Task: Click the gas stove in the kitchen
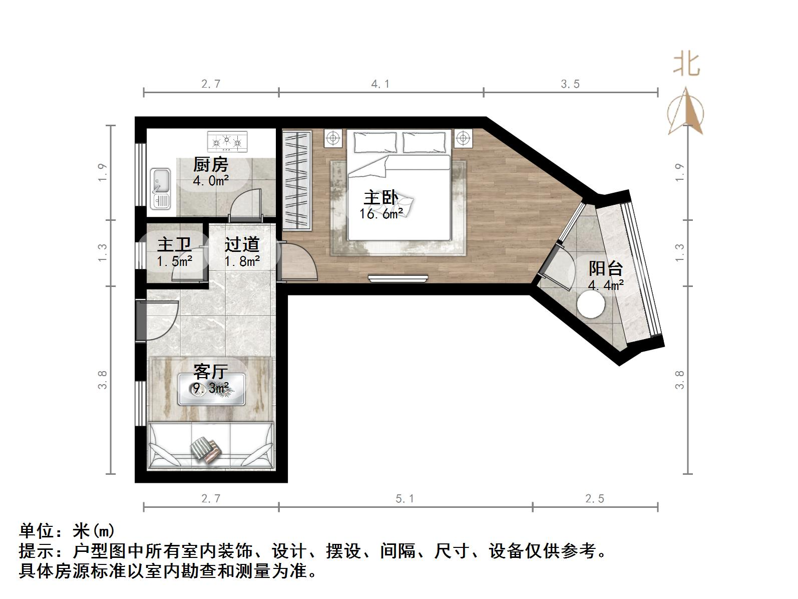(228, 141)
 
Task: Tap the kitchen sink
(161, 188)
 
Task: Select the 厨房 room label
(211, 164)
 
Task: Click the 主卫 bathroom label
(174, 245)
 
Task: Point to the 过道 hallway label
(242, 244)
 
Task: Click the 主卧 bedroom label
(381, 198)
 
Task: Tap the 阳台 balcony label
(605, 268)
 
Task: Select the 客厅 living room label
(211, 372)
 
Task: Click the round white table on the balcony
(592, 304)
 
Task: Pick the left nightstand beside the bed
(333, 138)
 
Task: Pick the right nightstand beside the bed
(464, 138)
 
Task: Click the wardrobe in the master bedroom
(296, 179)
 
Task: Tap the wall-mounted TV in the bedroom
(398, 278)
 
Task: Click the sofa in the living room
(211, 446)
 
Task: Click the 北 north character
(686, 65)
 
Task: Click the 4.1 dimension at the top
(380, 84)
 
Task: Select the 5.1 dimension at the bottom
(405, 499)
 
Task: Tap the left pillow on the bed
(375, 142)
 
